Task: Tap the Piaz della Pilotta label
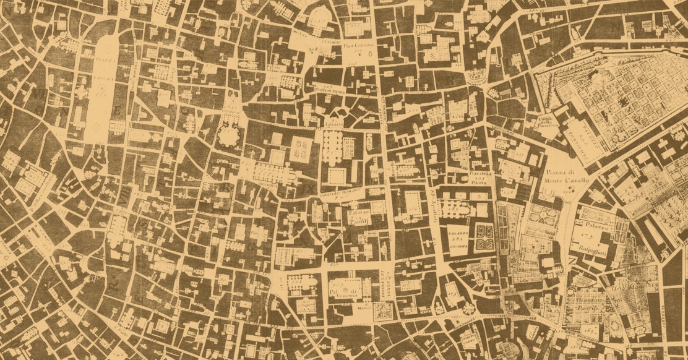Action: [x=481, y=178]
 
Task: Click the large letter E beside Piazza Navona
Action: [x=118, y=111]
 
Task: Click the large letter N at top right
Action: [x=614, y=28]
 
